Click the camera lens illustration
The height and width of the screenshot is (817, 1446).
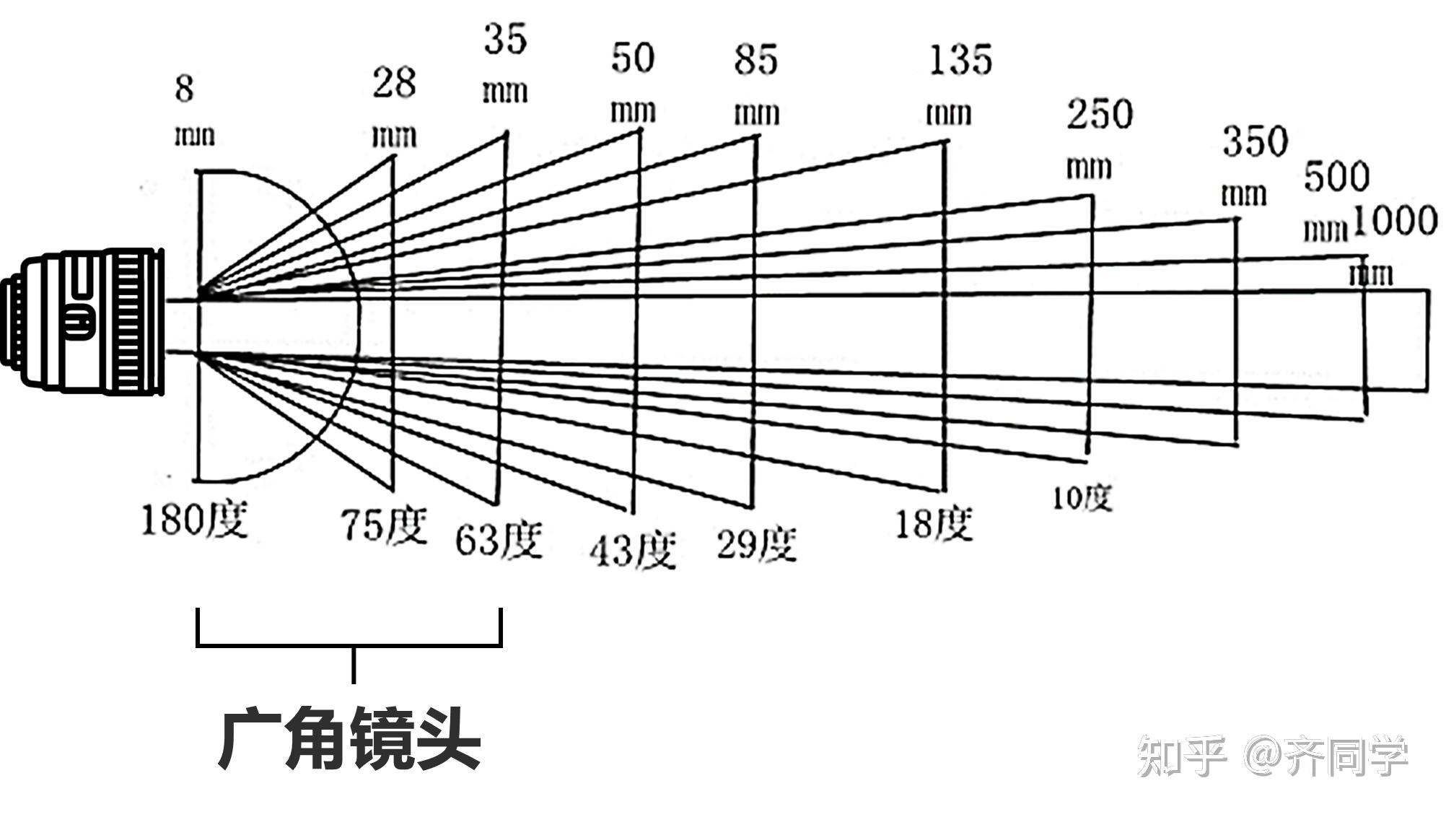click(83, 323)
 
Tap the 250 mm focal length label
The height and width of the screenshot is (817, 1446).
click(1097, 137)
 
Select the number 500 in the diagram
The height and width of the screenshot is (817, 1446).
click(1336, 178)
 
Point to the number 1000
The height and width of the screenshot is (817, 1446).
click(1394, 221)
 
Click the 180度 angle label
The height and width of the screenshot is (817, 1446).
click(194, 520)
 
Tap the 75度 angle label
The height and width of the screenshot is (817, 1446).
click(384, 525)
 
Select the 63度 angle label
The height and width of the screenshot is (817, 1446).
click(498, 540)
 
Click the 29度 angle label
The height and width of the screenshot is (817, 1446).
click(756, 544)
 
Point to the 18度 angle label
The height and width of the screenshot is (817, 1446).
click(934, 523)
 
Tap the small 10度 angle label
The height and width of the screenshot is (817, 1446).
click(1082, 497)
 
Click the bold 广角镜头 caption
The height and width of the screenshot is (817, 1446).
click(349, 740)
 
